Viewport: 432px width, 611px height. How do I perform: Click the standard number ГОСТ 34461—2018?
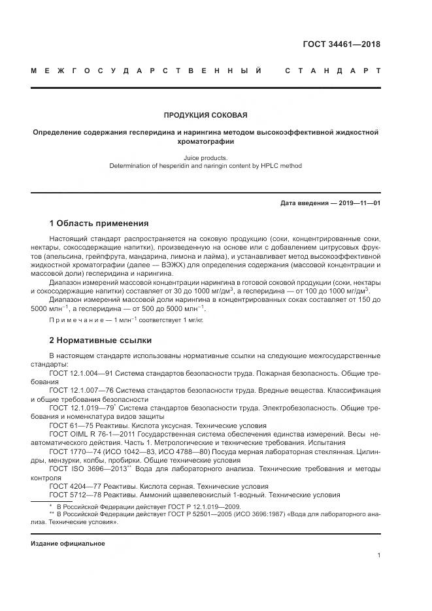[342, 45]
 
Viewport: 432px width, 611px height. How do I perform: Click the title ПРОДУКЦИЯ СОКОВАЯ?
[205, 116]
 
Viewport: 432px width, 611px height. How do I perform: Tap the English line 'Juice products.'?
[205, 157]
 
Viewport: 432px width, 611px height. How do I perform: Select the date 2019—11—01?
[357, 203]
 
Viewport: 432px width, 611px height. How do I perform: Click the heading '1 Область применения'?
[99, 223]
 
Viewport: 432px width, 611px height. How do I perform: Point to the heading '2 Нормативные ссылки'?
[100, 340]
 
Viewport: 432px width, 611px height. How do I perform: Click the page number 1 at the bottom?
[378, 555]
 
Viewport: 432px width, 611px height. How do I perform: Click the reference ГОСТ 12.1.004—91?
[80, 372]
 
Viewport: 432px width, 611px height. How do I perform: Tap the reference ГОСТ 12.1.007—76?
[80, 390]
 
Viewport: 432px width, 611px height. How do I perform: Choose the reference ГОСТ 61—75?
[69, 425]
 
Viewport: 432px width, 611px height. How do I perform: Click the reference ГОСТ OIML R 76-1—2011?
[90, 433]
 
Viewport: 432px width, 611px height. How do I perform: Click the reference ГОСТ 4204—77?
[73, 486]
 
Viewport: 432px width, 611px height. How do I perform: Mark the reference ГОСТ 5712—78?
[73, 495]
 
